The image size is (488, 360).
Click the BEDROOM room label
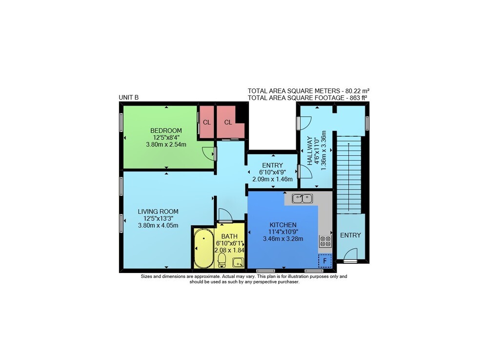166,130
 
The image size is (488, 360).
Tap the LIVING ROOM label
158,212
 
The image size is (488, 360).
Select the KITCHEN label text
283,225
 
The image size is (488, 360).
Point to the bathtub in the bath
204,248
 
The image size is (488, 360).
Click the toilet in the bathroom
222,260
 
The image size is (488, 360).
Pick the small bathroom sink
238,262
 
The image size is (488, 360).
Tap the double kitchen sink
302,198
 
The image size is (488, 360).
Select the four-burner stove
325,241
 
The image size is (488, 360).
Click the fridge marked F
325,261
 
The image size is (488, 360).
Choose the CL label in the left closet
206,123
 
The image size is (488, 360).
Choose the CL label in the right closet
228,123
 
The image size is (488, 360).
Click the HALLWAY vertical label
310,151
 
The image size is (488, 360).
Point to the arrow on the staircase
348,177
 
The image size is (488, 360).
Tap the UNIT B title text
128,98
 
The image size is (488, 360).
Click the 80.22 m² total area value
357,91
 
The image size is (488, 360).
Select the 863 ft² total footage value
358,98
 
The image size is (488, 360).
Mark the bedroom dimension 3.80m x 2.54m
166,145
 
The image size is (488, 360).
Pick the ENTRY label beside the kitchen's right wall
350,235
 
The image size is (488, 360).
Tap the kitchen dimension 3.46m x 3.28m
283,239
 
